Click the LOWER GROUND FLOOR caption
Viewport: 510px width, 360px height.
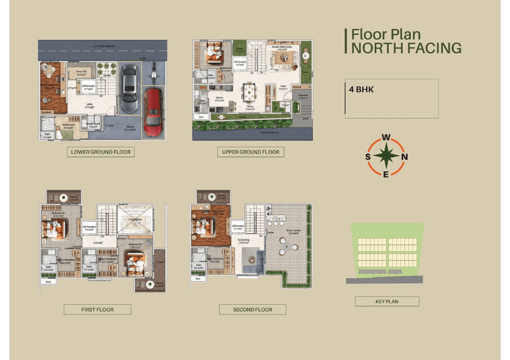100,152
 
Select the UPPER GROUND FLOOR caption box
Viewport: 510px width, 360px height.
251,152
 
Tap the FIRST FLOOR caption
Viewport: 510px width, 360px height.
97,309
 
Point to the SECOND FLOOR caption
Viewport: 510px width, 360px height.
253,309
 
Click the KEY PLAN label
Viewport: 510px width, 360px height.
387,301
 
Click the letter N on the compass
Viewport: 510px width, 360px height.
404,157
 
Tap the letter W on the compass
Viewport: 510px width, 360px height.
386,138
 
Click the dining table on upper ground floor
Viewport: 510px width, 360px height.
249,92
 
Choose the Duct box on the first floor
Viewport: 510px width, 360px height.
48,281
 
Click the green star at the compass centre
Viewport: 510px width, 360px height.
386,157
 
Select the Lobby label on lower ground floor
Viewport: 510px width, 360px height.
90,105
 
